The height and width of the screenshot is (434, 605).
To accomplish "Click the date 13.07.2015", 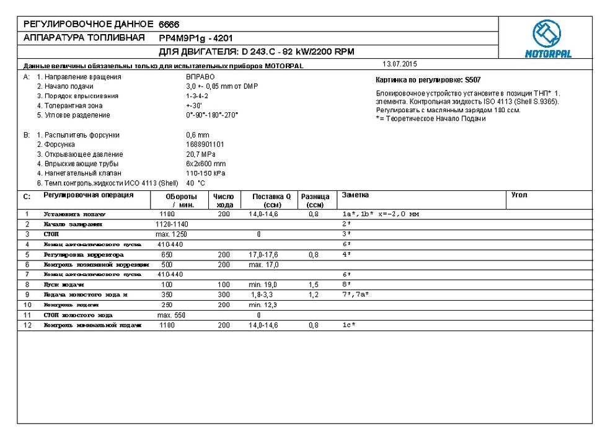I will (x=400, y=64).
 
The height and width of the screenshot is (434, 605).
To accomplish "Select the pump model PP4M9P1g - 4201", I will (x=196, y=38).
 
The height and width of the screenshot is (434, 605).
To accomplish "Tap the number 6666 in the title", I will (x=169, y=24).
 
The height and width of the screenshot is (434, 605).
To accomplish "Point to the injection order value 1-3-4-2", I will (x=197, y=96).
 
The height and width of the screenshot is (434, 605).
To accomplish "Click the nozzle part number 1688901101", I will (x=205, y=144).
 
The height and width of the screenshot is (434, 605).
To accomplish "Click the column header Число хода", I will (x=223, y=200).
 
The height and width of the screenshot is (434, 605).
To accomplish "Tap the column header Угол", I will (x=519, y=195).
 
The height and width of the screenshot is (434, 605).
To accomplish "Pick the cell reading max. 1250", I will (x=171, y=234).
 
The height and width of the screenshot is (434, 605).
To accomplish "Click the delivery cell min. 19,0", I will (x=263, y=285).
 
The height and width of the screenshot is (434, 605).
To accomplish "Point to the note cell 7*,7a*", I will (x=356, y=294).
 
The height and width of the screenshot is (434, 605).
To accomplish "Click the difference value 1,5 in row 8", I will (x=314, y=285).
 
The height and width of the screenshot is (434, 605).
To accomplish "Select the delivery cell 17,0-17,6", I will (x=264, y=254).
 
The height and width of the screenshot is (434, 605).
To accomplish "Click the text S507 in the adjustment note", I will (x=472, y=80).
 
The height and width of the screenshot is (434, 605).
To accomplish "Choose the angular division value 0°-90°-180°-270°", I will (x=212, y=115).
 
